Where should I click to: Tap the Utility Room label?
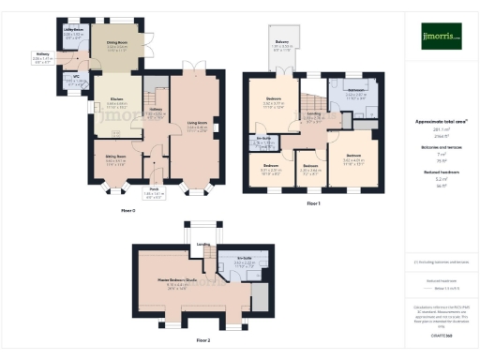(74, 30)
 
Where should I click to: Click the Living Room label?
(197, 121)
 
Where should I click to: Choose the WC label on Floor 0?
(79, 78)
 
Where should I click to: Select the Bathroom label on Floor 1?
(355, 90)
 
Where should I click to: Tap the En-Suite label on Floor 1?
(264, 137)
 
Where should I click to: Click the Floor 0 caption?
(128, 211)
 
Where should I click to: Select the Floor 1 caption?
(312, 202)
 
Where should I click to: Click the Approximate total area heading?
(441, 122)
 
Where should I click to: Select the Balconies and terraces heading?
(441, 147)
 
